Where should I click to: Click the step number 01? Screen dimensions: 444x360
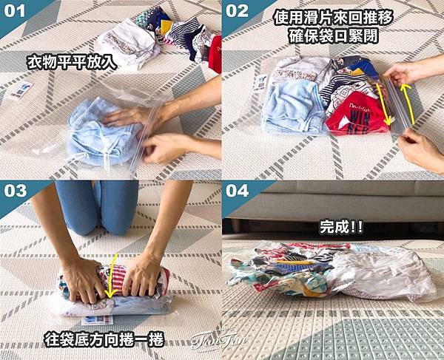15,11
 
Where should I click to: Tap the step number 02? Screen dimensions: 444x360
237,11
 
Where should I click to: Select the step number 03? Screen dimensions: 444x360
16,191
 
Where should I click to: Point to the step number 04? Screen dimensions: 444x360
238,191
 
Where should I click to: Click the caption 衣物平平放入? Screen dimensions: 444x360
72,63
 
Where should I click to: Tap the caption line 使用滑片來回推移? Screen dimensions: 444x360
333,18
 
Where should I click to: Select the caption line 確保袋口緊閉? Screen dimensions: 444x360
333,35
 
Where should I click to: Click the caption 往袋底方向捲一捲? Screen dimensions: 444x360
104,339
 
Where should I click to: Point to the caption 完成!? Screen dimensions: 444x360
341,227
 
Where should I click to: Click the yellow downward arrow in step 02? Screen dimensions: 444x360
383,103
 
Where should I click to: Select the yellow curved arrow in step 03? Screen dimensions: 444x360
111,276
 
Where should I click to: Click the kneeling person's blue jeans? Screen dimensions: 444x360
97,207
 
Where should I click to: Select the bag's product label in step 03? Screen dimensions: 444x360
97,320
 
